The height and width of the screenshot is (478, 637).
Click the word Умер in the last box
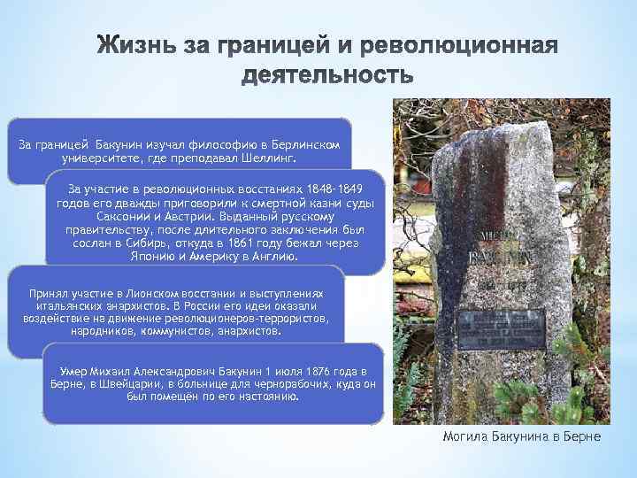point(72,369)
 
